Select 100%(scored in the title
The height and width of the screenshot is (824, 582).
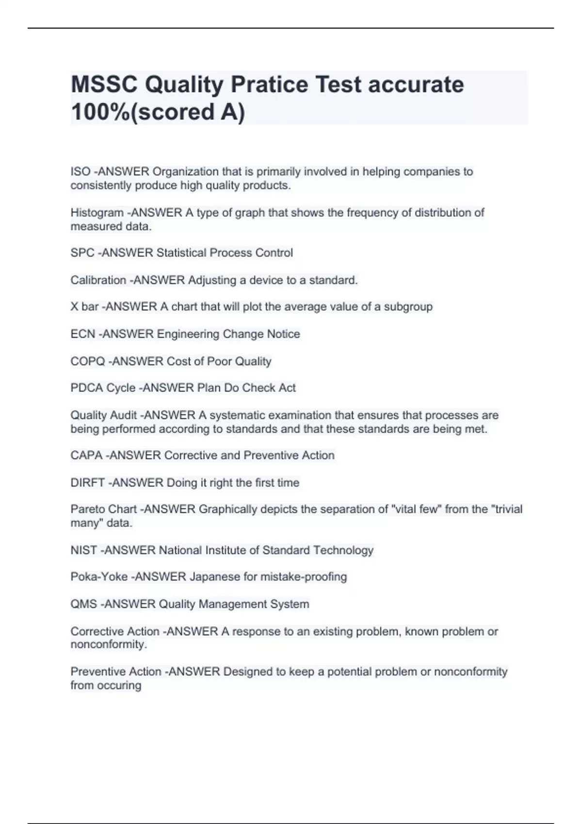click(x=143, y=112)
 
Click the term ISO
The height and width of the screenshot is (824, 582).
click(x=81, y=172)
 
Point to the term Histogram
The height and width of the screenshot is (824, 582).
click(x=97, y=213)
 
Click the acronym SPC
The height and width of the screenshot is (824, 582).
click(x=82, y=253)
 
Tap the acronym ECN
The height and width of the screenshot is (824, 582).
click(x=83, y=334)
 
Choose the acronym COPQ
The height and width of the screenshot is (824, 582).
click(x=88, y=361)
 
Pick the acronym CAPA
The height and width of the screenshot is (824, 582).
click(x=86, y=455)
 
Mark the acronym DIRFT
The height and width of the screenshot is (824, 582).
click(x=88, y=483)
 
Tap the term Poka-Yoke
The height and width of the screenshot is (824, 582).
click(x=99, y=577)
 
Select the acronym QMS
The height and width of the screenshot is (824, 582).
click(x=84, y=604)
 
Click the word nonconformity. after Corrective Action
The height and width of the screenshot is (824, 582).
click(x=109, y=645)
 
